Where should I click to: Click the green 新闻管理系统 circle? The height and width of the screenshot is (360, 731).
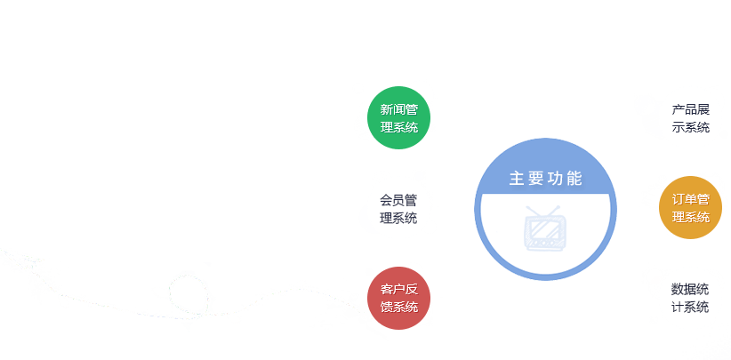click(x=398, y=118)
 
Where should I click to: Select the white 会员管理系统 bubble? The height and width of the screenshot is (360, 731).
click(x=398, y=208)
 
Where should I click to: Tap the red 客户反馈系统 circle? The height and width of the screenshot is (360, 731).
click(x=398, y=298)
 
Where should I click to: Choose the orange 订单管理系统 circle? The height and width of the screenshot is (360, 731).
click(x=690, y=208)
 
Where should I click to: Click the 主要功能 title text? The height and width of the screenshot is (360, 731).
click(x=545, y=178)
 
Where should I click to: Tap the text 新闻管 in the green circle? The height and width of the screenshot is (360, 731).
click(x=398, y=110)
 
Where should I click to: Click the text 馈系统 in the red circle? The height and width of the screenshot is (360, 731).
click(x=398, y=307)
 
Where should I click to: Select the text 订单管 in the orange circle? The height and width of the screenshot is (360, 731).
click(x=690, y=199)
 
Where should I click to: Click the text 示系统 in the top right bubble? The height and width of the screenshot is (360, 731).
click(x=690, y=127)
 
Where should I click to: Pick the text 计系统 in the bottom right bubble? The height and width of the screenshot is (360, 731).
click(x=690, y=307)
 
